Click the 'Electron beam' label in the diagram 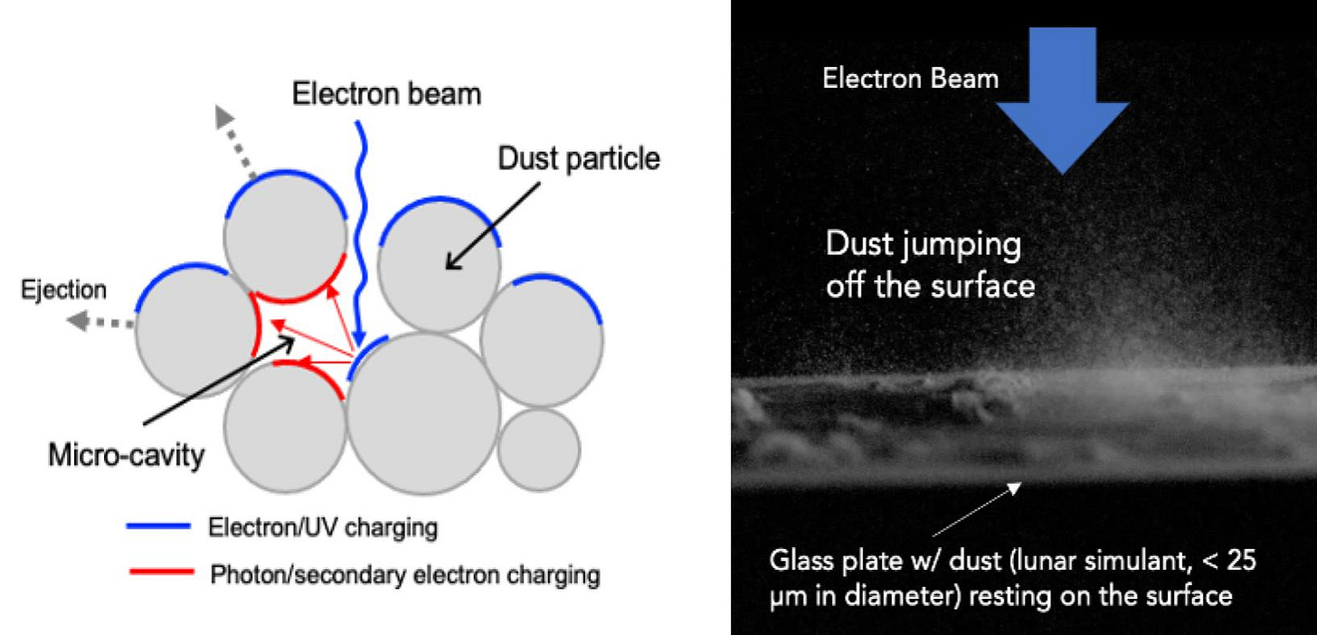click(x=386, y=94)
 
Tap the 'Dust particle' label click(x=579, y=159)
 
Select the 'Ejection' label click(x=63, y=289)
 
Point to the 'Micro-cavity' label click(x=126, y=456)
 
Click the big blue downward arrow click(x=1063, y=100)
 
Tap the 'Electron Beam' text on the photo click(x=910, y=79)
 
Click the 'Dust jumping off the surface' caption click(x=930, y=264)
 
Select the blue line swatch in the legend click(x=159, y=526)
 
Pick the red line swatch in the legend click(x=161, y=572)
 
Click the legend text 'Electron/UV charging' click(x=323, y=527)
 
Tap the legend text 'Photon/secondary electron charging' click(x=405, y=575)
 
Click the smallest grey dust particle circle click(x=538, y=450)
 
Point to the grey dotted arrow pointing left click(x=99, y=322)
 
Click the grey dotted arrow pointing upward click(x=235, y=141)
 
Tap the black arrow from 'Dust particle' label click(x=493, y=226)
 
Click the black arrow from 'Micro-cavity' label click(x=219, y=380)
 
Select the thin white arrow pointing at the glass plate click(x=977, y=509)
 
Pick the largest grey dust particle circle click(x=423, y=413)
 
